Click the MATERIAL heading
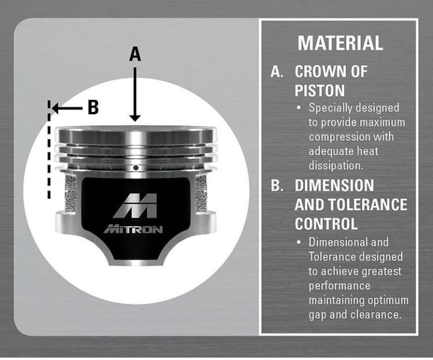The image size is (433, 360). click(x=340, y=43)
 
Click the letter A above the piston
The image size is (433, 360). click(x=135, y=54)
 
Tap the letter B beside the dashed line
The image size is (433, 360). click(x=93, y=107)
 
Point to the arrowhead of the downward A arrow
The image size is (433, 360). click(x=135, y=118)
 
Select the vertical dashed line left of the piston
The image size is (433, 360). click(x=49, y=149)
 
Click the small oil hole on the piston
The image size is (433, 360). click(x=135, y=167)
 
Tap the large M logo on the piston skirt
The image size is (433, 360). click(x=135, y=206)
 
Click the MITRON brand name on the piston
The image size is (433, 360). click(x=134, y=229)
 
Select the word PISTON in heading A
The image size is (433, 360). click(x=319, y=90)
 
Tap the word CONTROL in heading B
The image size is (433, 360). click(x=326, y=224)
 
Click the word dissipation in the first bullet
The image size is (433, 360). click(x=336, y=166)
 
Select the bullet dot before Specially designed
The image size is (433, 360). click(x=298, y=108)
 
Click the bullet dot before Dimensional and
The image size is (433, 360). click(x=298, y=243)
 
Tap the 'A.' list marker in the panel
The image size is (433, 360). click(x=277, y=71)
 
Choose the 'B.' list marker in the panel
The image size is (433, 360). click(x=277, y=185)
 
